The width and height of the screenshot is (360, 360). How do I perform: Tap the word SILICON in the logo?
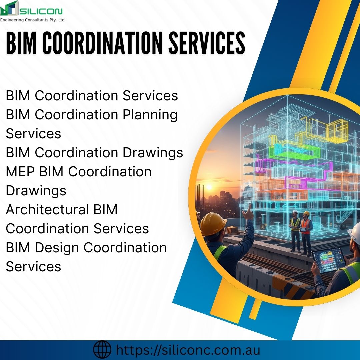(41, 12)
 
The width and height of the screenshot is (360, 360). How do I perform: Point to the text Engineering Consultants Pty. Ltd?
(32, 20)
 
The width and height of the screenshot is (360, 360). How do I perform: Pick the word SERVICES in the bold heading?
(207, 44)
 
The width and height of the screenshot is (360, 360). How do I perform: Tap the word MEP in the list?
(21, 172)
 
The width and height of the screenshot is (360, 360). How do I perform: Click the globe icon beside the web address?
(102, 350)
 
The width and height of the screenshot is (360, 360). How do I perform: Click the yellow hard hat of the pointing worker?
(213, 222)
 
